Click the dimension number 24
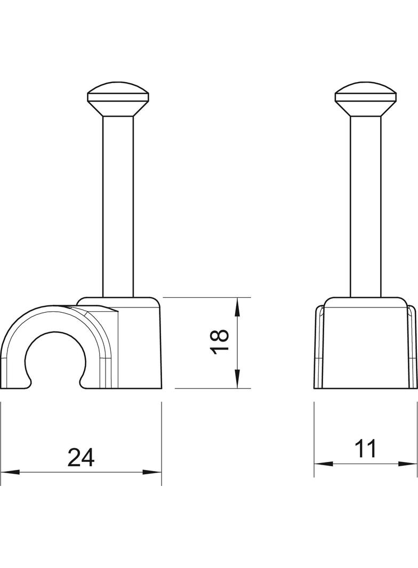click(81, 457)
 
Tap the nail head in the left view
click(118, 100)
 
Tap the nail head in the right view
click(365, 100)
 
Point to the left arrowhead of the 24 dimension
click(10, 472)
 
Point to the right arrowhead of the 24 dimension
click(152, 472)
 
